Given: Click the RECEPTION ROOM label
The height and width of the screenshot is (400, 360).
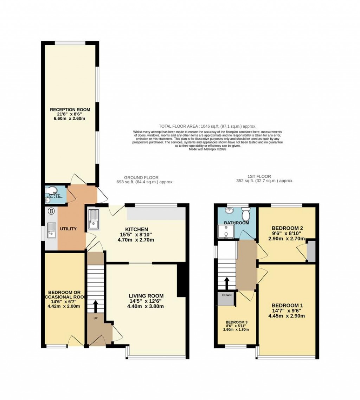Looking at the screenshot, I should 70,110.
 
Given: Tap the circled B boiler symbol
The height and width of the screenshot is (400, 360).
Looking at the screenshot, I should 51,211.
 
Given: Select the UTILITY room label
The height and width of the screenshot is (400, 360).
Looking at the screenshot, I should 68,229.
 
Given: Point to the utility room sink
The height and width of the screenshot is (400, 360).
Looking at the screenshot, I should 51,231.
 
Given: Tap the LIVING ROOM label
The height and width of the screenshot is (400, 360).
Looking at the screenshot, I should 146,296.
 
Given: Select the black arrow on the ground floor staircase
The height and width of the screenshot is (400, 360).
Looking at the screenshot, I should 95,306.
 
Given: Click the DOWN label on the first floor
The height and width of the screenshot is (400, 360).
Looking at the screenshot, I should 227,295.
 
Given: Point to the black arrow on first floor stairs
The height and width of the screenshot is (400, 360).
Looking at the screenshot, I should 227,282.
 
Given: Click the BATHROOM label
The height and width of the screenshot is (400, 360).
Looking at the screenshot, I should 236,223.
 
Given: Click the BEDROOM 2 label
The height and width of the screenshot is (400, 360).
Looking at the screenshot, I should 287,228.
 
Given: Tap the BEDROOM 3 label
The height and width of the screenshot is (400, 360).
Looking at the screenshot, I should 237,322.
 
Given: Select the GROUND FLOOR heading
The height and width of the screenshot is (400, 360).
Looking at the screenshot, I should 141,178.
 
